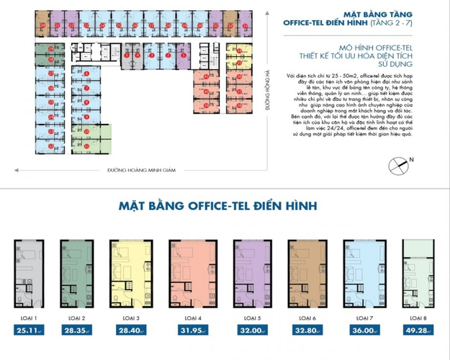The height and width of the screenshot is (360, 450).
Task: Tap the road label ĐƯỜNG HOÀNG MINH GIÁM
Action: [142, 171]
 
